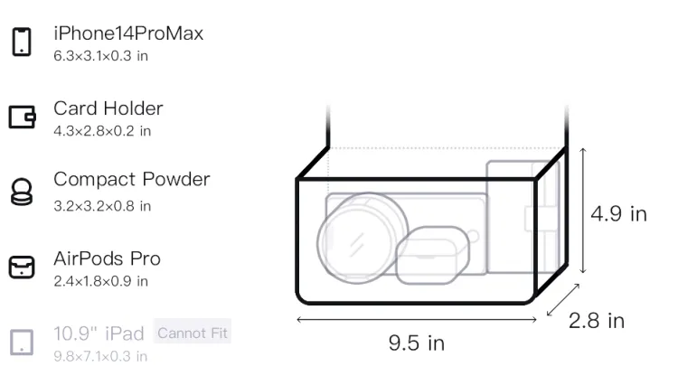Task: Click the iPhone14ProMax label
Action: tap(128, 33)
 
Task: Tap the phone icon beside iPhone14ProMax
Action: tap(22, 42)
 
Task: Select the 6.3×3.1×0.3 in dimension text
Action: tap(100, 56)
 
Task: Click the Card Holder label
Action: tap(108, 108)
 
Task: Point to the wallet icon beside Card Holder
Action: tap(22, 117)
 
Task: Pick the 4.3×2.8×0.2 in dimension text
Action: tap(102, 131)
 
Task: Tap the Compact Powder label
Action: tap(131, 179)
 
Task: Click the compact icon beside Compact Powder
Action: tap(22, 192)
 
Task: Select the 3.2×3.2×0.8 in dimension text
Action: tap(102, 206)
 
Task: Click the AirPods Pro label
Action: tap(107, 258)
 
